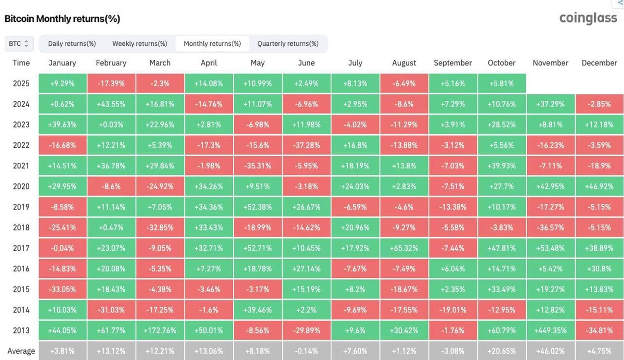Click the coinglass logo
pyautogui.click(x=588, y=18)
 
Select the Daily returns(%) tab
pyautogui.click(x=72, y=44)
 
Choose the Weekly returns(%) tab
pyautogui.click(x=139, y=44)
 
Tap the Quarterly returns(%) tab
pyautogui.click(x=288, y=44)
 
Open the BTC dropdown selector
pyautogui.click(x=19, y=44)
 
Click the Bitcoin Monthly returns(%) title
pyautogui.click(x=62, y=19)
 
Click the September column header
pyautogui.click(x=453, y=63)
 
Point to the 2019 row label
pyautogui.click(x=21, y=207)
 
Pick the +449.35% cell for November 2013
pyautogui.click(x=551, y=330)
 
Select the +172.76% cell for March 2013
pyautogui.click(x=160, y=330)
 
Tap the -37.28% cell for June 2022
pyautogui.click(x=306, y=145)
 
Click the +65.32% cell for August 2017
pyautogui.click(x=404, y=248)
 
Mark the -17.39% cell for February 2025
pyautogui.click(x=111, y=83)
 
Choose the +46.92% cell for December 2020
pyautogui.click(x=600, y=186)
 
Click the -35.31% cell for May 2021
pyautogui.click(x=258, y=166)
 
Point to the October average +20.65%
pyautogui.click(x=502, y=351)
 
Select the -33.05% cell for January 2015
pyautogui.click(x=62, y=289)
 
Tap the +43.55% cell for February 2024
pyautogui.click(x=111, y=104)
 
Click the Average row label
pyautogui.click(x=21, y=351)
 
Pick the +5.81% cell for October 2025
pyautogui.click(x=502, y=83)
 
